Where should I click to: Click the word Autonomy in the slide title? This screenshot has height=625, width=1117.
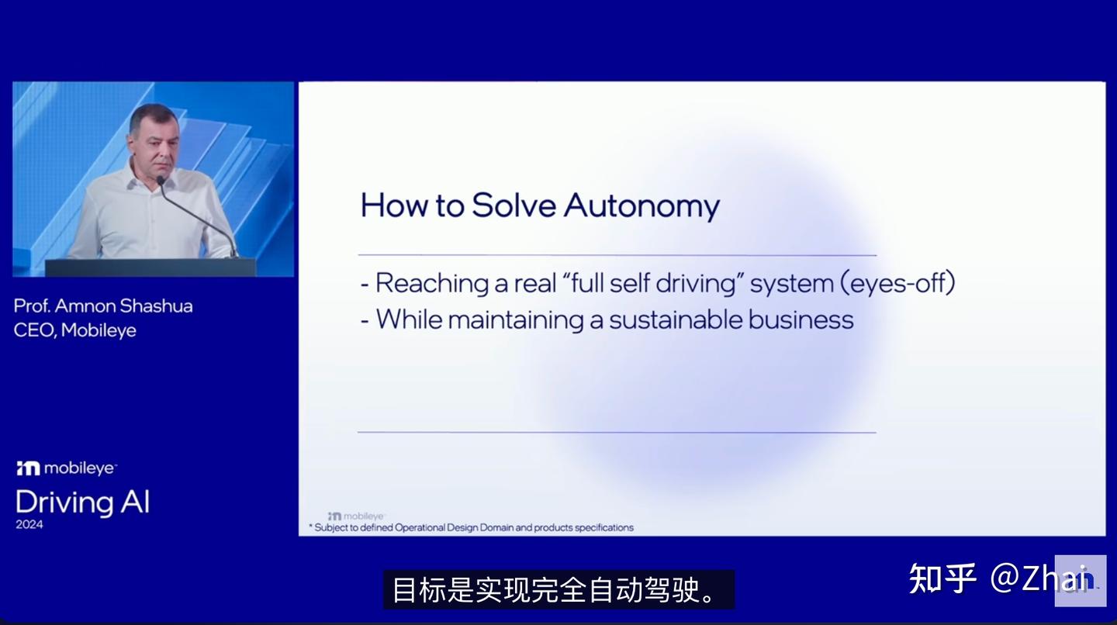pyautogui.click(x=641, y=205)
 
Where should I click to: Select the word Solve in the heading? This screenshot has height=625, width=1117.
pyautogui.click(x=514, y=205)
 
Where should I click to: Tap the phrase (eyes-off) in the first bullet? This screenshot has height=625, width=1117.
pyautogui.click(x=897, y=283)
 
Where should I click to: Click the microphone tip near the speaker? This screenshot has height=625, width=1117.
pyautogui.click(x=161, y=180)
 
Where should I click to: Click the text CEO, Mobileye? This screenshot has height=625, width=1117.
pyautogui.click(x=74, y=330)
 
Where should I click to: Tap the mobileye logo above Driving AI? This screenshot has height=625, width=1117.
pyautogui.click(x=67, y=468)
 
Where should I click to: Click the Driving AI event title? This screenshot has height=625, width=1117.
pyautogui.click(x=82, y=502)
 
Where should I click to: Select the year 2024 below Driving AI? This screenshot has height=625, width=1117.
pyautogui.click(x=29, y=525)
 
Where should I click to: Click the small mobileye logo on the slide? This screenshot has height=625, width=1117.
pyautogui.click(x=356, y=516)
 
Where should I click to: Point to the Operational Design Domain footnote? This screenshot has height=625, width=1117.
pyautogui.click(x=473, y=528)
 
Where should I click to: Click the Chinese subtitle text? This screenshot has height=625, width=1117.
pyautogui.click(x=558, y=590)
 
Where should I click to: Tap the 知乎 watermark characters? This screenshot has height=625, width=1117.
pyautogui.click(x=942, y=578)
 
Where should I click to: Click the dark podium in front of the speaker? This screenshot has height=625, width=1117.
pyautogui.click(x=150, y=268)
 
